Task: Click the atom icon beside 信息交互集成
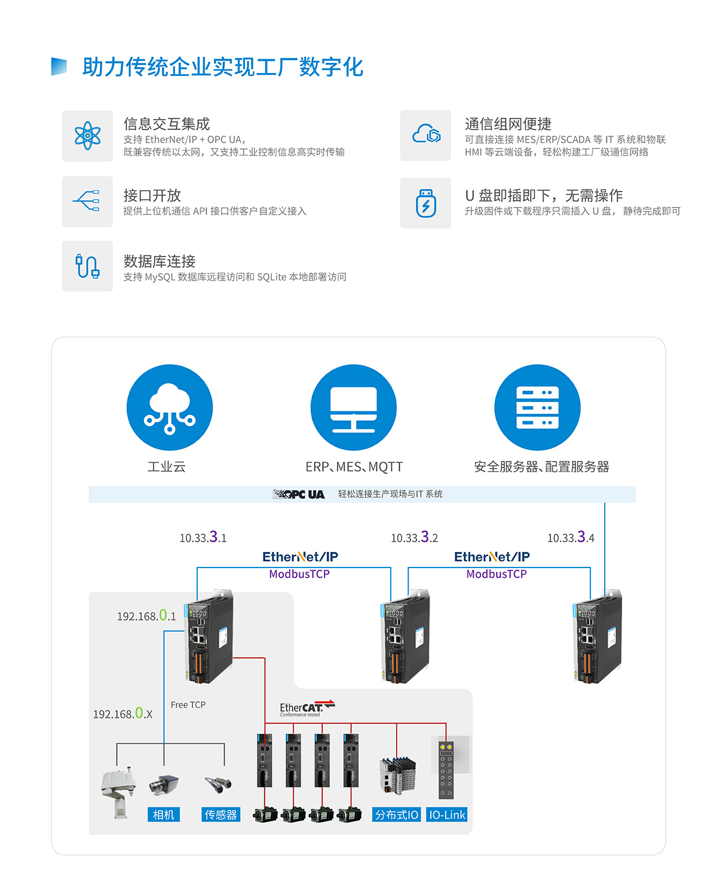(87, 136)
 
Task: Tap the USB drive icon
(425, 203)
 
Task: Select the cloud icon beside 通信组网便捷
(425, 135)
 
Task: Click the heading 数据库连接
(160, 261)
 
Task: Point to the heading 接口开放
(152, 196)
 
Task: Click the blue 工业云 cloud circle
(170, 407)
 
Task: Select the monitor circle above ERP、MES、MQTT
(354, 407)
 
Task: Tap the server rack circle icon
(537, 407)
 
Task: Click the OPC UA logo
(299, 494)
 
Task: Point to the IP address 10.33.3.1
(203, 537)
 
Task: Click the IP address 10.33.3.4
(571, 537)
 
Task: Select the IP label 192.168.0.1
(146, 615)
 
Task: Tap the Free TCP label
(188, 705)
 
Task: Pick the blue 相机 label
(163, 814)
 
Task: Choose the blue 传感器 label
(220, 814)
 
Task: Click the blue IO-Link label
(447, 814)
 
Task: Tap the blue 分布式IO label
(397, 814)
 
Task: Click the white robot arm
(118, 791)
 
